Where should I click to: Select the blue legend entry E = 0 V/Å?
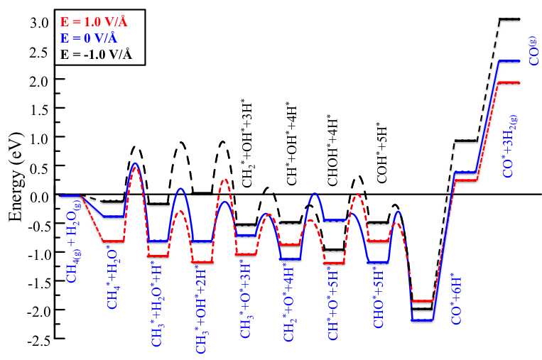pos(94,38)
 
